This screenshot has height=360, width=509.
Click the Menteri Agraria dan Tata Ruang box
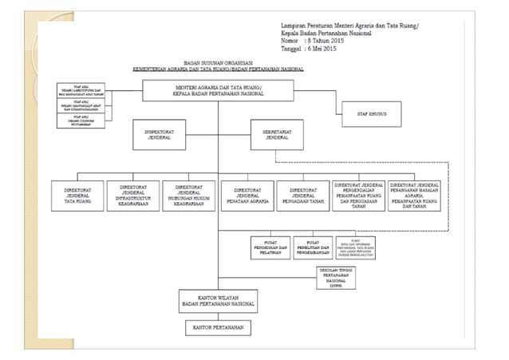tap(217, 89)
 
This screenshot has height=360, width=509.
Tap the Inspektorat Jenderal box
tap(160, 134)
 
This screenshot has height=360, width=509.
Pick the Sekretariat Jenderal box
tap(276, 134)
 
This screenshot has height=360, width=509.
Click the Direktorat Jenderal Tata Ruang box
tap(77, 196)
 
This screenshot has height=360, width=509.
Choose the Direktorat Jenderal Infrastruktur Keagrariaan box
tap(132, 196)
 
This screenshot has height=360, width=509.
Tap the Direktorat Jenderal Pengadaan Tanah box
tap(304, 196)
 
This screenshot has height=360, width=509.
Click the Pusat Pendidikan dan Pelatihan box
tap(270, 247)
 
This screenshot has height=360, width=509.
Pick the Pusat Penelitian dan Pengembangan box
tap(313, 247)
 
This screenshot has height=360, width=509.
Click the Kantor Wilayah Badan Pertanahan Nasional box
tap(217, 300)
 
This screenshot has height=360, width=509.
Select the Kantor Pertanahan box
tap(217, 326)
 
